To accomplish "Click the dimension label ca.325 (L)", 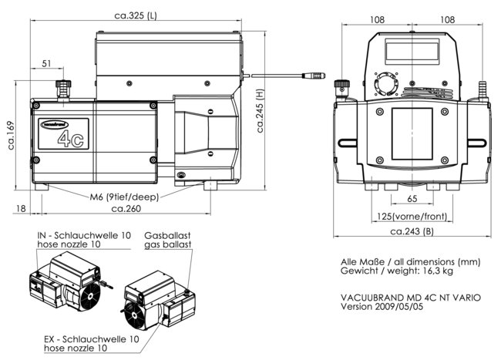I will (137, 15).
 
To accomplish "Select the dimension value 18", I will (21, 208).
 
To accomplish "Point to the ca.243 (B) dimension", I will (413, 231).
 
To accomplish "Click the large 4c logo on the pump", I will (72, 138).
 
